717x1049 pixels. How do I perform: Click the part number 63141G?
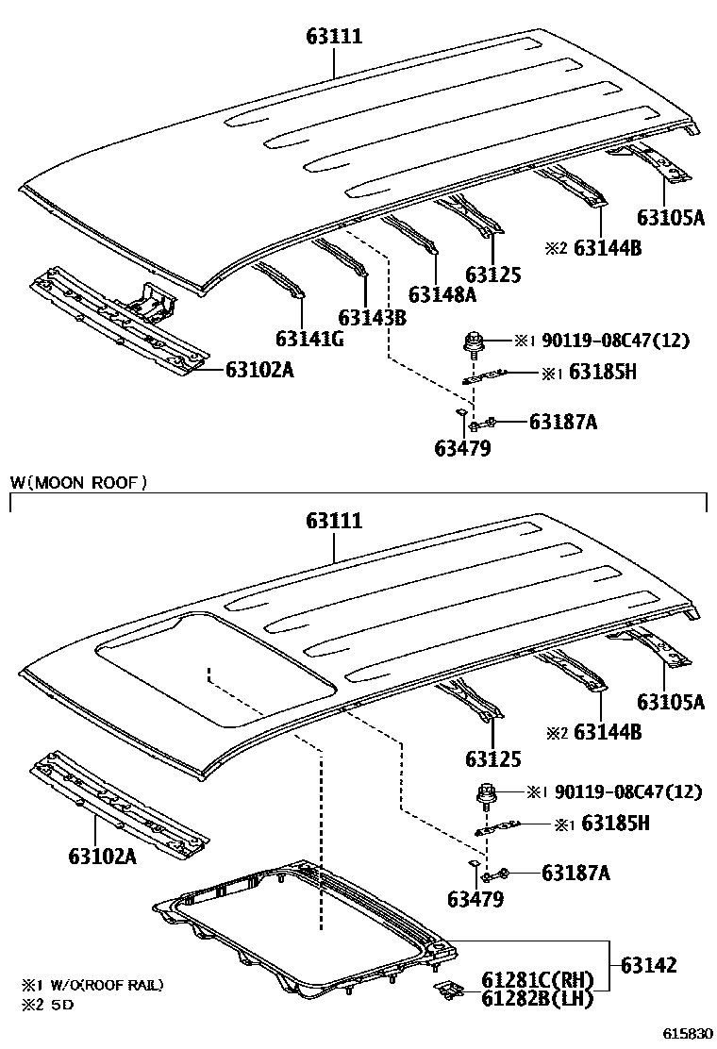click(x=309, y=339)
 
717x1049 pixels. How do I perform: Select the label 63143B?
click(x=374, y=317)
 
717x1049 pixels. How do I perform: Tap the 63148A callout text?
click(x=442, y=294)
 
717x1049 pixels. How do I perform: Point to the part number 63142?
click(x=648, y=965)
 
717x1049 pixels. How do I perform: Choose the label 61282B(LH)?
click(x=537, y=999)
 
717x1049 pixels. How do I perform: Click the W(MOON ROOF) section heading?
click(x=79, y=483)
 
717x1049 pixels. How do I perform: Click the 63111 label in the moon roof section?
click(x=334, y=521)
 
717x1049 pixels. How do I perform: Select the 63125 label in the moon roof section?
click(x=492, y=758)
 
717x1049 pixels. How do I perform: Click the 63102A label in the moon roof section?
click(x=102, y=857)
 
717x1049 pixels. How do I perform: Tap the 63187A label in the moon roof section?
click(x=575, y=874)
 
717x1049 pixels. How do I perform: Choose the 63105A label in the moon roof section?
click(x=671, y=702)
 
